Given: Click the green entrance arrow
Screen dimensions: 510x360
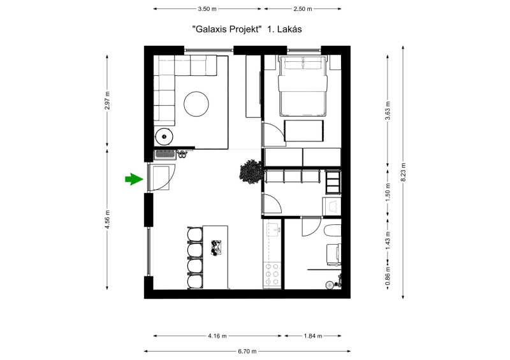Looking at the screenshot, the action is coord(134,179).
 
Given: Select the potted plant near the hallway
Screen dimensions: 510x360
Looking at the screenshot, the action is coord(251,171).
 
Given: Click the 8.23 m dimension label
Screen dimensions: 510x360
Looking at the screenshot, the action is coord(403,171).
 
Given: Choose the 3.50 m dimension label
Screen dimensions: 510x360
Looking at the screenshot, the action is coord(207,9).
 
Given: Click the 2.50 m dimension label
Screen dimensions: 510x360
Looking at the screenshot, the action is coord(303,9).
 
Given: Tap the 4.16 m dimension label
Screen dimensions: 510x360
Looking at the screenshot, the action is coord(217,336).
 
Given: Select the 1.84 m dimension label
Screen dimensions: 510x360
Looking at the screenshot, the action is coord(313,336).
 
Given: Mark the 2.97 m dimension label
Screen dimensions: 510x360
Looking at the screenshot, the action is coord(107,101).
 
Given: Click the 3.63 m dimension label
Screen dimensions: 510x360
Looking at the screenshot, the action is coord(388,111).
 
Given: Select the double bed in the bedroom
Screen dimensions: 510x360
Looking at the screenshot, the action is coord(302,86).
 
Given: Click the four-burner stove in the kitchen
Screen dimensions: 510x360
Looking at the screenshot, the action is coord(272,275).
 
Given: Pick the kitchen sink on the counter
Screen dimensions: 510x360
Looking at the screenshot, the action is coord(273,229).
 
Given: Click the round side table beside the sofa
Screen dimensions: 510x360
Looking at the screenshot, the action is coord(164,136).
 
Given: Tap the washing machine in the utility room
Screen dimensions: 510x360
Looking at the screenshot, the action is coord(331,206).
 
